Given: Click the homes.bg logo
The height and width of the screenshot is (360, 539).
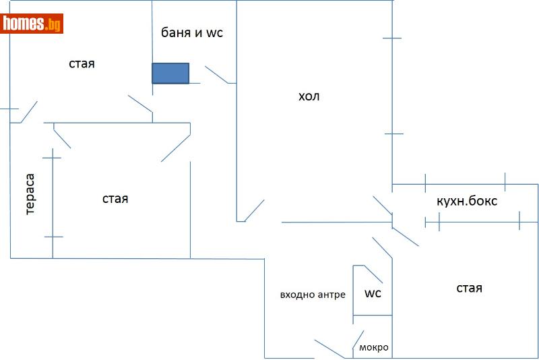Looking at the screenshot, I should pos(33,24).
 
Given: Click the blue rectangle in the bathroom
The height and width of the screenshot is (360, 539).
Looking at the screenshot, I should pos(170,73).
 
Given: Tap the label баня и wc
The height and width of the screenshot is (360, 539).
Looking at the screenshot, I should pos(191,33).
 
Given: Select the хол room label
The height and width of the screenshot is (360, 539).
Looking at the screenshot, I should pos(309,96).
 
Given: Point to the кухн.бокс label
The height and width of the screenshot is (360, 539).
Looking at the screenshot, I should pos(467,201).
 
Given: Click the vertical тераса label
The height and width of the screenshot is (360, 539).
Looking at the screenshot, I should pos(30,195).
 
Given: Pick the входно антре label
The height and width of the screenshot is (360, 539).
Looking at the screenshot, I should pos(313,295).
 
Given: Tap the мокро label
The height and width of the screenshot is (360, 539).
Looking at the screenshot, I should pos(373,348).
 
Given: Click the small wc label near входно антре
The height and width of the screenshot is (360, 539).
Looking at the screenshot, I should pos(373,294).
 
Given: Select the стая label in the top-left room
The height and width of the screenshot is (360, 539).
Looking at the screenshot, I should pos(82,64).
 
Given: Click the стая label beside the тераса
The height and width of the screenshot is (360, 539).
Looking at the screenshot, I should pos(115,199).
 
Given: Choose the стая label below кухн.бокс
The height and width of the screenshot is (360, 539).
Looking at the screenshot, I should pos(469,289).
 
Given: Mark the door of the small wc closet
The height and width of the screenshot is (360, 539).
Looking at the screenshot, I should pos(373,274).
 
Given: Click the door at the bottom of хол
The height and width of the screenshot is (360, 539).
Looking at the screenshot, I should pos(255,210).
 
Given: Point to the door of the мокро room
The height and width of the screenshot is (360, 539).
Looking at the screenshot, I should pos(358,342).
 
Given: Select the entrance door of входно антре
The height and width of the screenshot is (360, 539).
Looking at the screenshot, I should pos(329,349).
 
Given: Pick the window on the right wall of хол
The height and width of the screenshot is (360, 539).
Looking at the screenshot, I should pos(392,86).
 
